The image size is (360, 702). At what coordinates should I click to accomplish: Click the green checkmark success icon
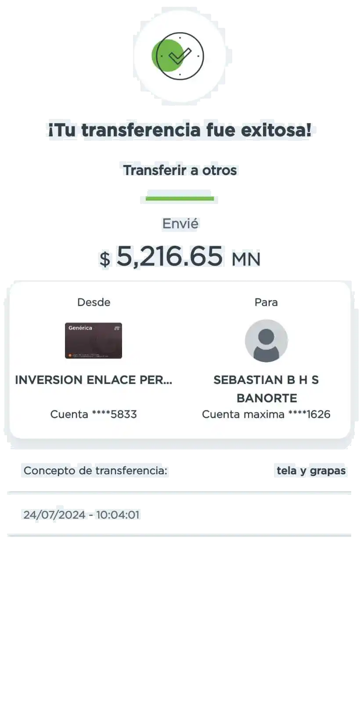click(x=178, y=56)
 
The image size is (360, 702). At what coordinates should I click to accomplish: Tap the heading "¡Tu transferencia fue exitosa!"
click(x=180, y=130)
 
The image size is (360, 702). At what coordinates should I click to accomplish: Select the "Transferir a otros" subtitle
click(x=180, y=170)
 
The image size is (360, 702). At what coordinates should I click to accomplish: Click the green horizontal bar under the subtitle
click(x=180, y=198)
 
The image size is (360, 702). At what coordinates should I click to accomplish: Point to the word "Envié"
click(x=180, y=223)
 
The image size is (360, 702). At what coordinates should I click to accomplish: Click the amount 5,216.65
click(x=169, y=256)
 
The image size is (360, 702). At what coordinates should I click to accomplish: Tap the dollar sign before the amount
click(x=105, y=259)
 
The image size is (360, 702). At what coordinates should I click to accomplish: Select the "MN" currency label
click(x=246, y=259)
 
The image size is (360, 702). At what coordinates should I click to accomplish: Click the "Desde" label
click(x=94, y=302)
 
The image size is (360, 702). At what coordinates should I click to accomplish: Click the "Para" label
click(x=266, y=302)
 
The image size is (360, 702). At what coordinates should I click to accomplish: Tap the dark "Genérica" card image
click(x=94, y=340)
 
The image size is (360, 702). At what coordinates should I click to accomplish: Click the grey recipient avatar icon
click(x=266, y=340)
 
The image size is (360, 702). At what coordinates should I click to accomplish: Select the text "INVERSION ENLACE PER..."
click(x=94, y=380)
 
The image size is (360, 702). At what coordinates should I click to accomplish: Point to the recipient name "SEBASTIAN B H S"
click(x=266, y=380)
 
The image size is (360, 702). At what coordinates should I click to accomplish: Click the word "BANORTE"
click(x=267, y=398)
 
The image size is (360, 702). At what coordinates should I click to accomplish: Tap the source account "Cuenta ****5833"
click(x=94, y=414)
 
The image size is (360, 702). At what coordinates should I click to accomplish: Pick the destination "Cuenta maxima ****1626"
click(x=266, y=414)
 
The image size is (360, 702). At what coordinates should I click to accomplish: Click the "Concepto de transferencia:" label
click(x=95, y=471)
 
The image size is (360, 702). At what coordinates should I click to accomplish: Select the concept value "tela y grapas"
click(x=311, y=471)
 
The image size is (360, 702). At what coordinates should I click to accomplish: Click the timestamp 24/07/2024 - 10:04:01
click(x=82, y=515)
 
